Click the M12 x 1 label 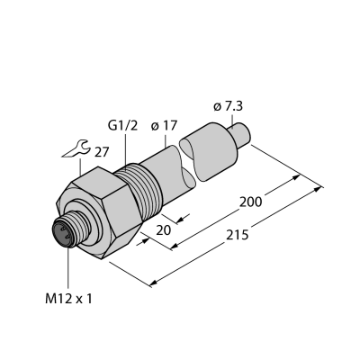(x=68, y=299)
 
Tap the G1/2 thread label (x=122, y=126)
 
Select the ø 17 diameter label (x=164, y=126)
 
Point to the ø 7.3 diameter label (x=229, y=106)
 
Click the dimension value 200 (x=250, y=202)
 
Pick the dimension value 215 (x=238, y=235)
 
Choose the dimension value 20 (x=164, y=230)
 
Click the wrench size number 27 (x=102, y=153)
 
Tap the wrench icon (x=76, y=148)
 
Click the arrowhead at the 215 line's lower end (x=154, y=283)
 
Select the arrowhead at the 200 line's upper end (x=296, y=177)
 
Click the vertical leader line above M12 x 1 (x=68, y=269)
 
